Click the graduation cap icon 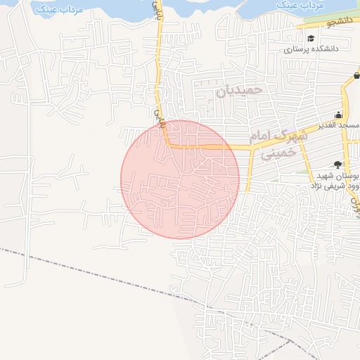(311, 38)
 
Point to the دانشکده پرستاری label (311, 50)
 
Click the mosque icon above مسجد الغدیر (338, 115)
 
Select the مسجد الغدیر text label (338, 125)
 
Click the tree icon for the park (338, 164)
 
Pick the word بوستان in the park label (345, 176)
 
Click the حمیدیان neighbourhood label (238, 89)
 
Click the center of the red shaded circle (180, 179)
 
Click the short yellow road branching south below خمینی (251, 169)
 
